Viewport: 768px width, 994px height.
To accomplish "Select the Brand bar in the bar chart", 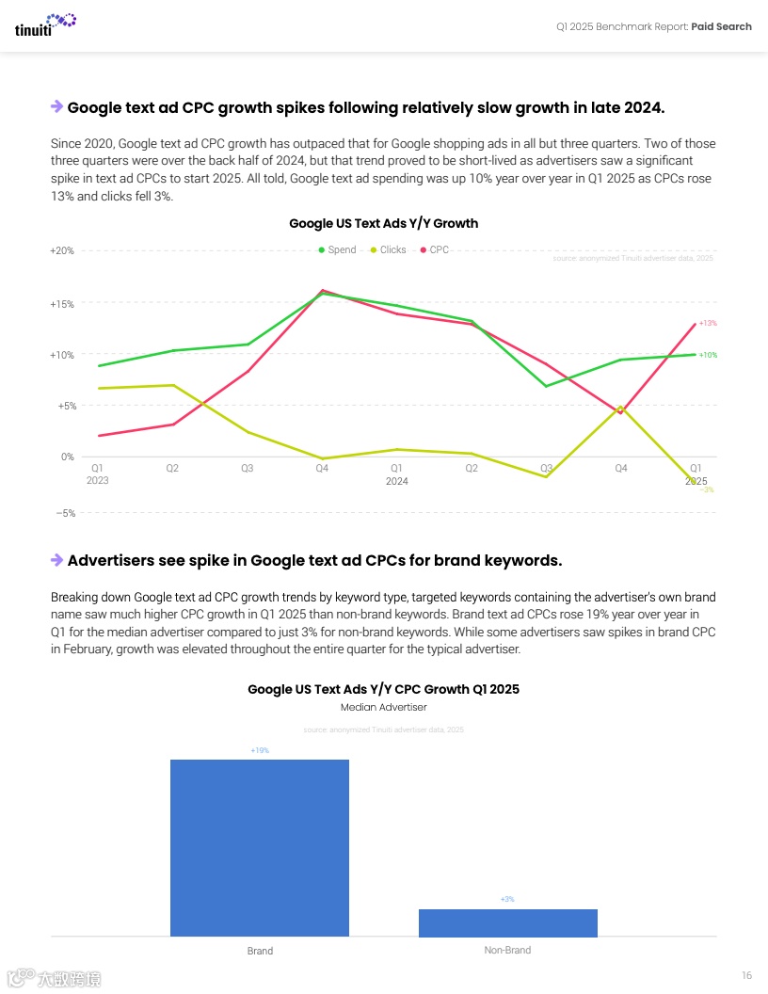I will (x=259, y=847).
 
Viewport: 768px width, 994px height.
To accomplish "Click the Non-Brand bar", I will (x=507, y=922).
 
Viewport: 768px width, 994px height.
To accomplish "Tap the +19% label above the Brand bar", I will (x=260, y=750).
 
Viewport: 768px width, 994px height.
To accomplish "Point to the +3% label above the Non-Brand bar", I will (x=507, y=900).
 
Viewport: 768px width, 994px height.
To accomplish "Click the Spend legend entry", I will (x=337, y=249).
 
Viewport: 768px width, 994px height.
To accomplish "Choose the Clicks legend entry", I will (x=388, y=249).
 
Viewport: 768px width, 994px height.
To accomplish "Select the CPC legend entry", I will (x=435, y=249).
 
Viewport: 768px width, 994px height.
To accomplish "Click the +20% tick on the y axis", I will (x=62, y=251).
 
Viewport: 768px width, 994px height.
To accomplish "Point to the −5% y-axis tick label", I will (x=64, y=514).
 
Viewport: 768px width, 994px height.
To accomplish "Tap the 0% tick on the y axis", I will (x=68, y=457).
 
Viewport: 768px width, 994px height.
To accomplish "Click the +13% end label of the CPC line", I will (x=708, y=323).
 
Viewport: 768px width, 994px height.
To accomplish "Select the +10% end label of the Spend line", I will (x=708, y=355).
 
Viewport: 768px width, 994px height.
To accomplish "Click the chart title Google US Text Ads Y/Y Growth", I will (x=383, y=224).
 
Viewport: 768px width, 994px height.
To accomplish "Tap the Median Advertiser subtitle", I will (x=383, y=707).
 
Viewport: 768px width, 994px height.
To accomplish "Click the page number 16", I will (x=746, y=975).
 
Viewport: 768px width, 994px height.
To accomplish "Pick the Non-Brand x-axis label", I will (x=507, y=951).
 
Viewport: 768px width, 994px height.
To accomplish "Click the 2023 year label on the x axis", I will (x=97, y=480).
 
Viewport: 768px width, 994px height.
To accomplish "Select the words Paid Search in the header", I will (x=721, y=26).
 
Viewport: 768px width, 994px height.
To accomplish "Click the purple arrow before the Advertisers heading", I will (x=56, y=560).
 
